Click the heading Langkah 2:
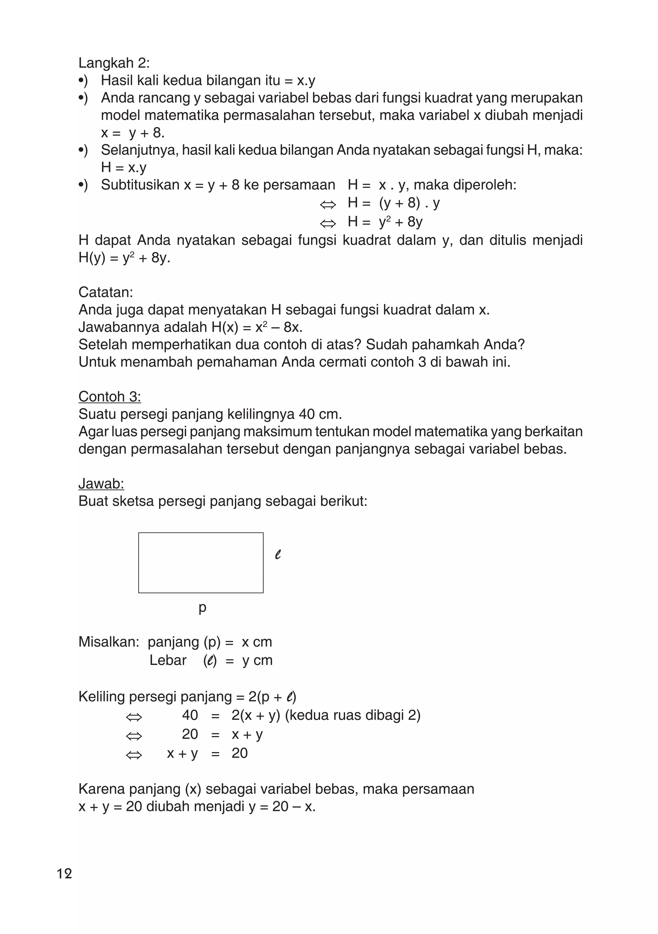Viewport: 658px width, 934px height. (x=114, y=63)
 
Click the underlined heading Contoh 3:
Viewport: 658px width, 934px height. (x=110, y=397)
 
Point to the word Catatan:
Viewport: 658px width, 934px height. (x=105, y=292)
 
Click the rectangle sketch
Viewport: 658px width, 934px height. (x=201, y=563)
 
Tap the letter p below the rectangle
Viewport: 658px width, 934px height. (x=202, y=608)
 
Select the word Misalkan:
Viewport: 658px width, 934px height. (x=109, y=642)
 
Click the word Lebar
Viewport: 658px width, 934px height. (x=168, y=660)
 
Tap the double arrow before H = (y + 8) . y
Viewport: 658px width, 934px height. (x=328, y=205)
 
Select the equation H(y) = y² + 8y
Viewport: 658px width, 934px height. (x=124, y=258)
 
